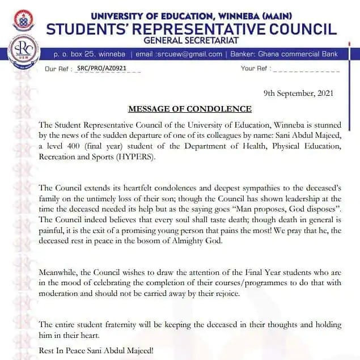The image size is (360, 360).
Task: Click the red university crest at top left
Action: click(x=23, y=20)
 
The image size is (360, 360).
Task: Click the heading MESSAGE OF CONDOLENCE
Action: click(x=190, y=109)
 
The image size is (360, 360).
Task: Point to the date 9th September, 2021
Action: click(x=299, y=92)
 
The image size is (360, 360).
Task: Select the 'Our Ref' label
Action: click(x=59, y=69)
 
